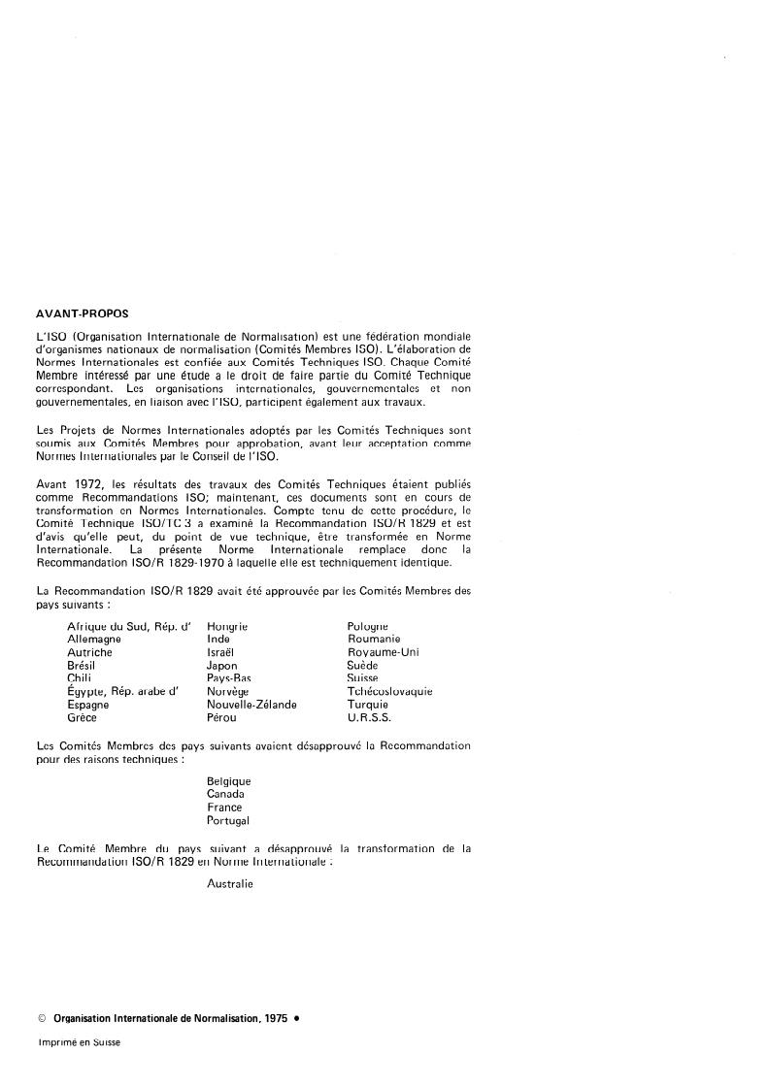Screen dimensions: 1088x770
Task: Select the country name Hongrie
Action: click(227, 627)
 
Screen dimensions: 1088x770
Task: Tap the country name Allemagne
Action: click(94, 640)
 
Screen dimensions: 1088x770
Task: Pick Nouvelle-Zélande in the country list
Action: click(251, 705)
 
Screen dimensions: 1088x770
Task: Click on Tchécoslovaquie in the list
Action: click(389, 692)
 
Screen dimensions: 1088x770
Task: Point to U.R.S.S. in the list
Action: click(369, 718)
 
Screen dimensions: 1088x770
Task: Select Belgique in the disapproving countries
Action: click(229, 781)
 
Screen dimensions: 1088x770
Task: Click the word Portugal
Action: click(228, 820)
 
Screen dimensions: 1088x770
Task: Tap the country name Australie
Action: click(230, 884)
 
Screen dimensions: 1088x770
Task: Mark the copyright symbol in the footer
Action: click(41, 1019)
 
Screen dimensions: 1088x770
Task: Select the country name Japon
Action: click(222, 666)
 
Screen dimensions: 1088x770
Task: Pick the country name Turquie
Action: click(368, 705)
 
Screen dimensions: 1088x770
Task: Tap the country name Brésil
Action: click(82, 666)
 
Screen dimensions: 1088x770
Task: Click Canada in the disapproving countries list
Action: click(226, 794)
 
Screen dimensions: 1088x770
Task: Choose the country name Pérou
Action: click(222, 718)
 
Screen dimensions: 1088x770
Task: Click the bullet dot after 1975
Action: click(296, 1019)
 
